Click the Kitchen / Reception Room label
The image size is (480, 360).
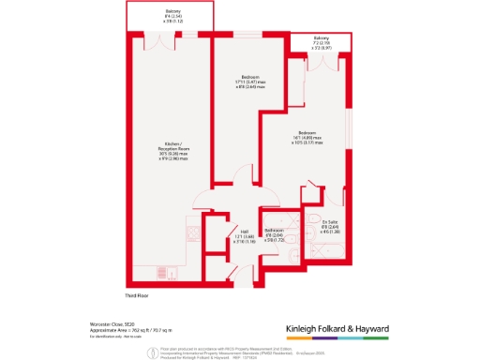[172, 152]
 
